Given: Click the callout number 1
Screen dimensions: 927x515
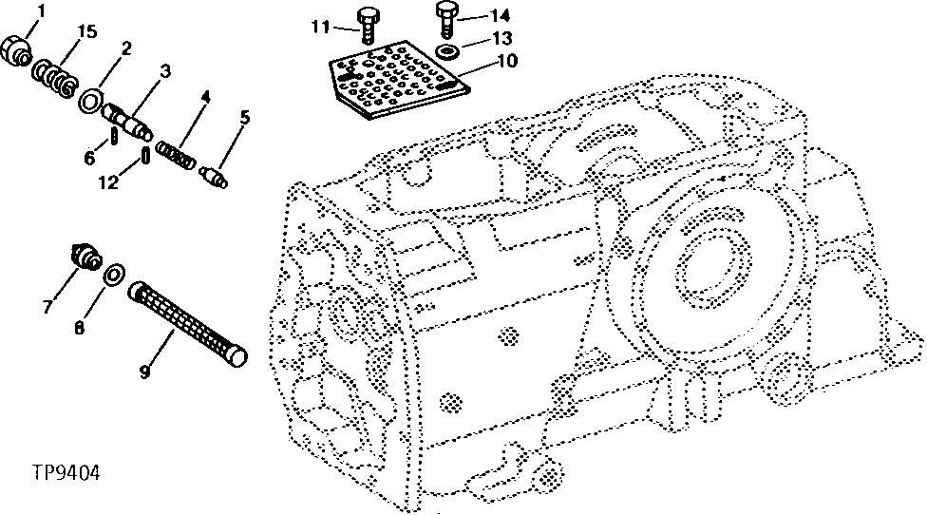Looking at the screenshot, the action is pos(41,10).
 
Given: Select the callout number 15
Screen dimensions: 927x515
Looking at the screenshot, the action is pos(86,31).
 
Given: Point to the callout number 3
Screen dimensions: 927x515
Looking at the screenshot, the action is pos(165,72).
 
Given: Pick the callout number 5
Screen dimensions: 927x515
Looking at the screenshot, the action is pos(245,117).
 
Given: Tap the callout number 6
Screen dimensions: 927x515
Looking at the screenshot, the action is pos(89,158).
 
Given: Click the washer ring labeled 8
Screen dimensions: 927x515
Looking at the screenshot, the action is pos(114,274).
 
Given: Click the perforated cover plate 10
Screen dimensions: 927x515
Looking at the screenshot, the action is pos(400,80).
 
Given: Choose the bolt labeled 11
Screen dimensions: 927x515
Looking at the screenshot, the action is pos(366,26).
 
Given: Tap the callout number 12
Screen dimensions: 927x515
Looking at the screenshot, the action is pos(108,182).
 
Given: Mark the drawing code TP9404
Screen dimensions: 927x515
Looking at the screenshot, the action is pos(66,473).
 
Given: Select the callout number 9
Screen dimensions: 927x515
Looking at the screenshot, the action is pos(144,372).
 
